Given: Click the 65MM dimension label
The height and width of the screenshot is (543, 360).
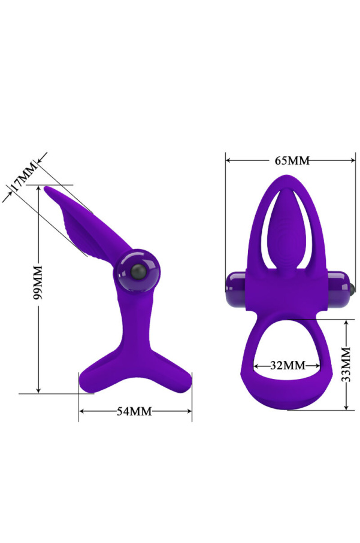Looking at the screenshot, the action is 292,160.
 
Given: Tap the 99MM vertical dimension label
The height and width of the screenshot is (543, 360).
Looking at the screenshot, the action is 38,282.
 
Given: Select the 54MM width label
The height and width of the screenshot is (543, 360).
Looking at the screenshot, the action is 134,411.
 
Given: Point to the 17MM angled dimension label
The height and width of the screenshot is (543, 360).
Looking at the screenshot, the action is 24,176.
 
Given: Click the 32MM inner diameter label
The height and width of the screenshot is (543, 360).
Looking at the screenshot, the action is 288,365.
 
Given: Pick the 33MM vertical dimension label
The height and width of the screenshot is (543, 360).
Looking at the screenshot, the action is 346,364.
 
